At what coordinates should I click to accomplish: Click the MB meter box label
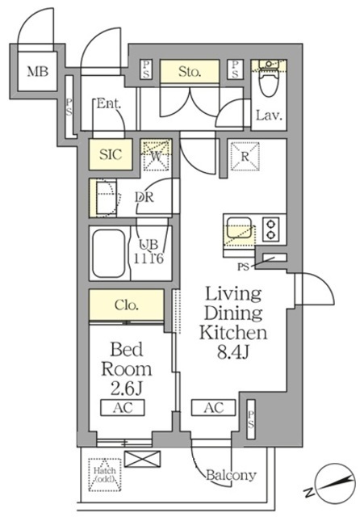click(x=38, y=72)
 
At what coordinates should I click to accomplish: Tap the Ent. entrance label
click(x=108, y=103)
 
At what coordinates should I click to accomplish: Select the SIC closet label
click(x=111, y=154)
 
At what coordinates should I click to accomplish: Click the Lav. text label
click(x=268, y=116)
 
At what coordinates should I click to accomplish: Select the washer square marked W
click(x=156, y=153)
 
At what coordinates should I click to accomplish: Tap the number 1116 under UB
click(x=149, y=258)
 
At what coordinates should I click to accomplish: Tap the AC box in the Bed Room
click(x=123, y=409)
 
